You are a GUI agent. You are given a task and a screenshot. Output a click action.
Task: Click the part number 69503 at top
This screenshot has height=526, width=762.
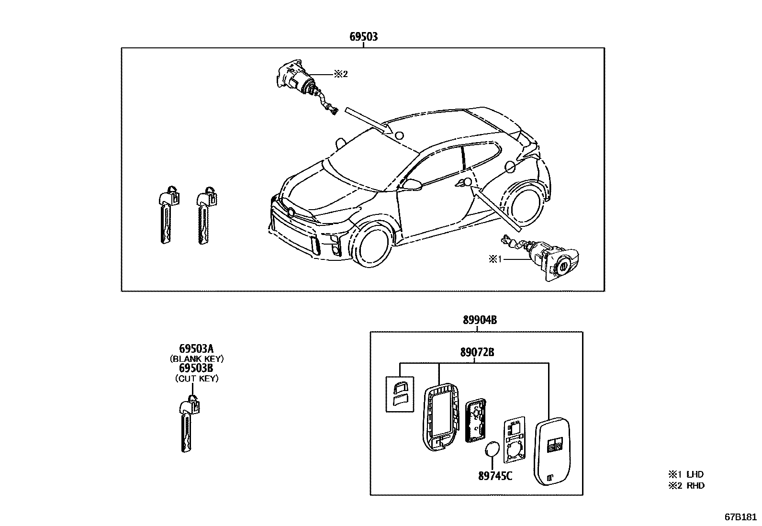coord(363,36)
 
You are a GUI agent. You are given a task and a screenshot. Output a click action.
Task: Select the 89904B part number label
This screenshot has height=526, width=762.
coord(479,320)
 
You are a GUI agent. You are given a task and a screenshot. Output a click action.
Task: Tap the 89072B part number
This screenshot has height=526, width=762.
coord(477,353)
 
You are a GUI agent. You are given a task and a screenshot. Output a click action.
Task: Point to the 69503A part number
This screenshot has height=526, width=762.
coord(197,348)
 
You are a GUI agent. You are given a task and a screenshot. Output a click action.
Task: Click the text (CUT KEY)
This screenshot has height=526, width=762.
coord(197,378)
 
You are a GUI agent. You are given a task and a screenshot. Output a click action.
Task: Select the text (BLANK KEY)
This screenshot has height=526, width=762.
coord(197,358)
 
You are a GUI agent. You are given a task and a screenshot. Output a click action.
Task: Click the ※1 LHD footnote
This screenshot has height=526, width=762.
coord(686,474)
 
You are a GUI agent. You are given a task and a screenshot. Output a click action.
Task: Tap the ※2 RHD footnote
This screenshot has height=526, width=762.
coord(686,485)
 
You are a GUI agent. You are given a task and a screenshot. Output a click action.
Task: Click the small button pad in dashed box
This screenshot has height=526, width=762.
coord(399,393)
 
